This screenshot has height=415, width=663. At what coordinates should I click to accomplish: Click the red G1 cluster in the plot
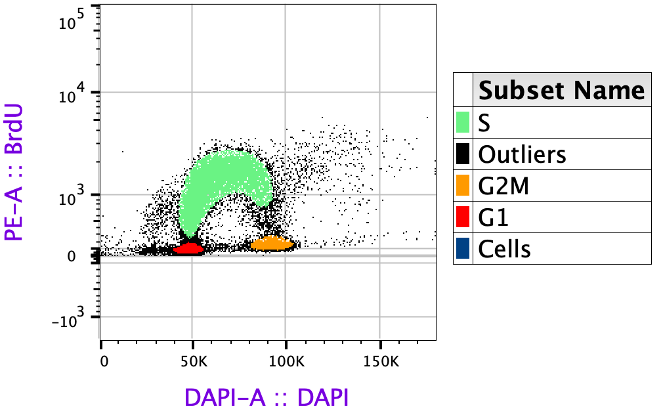coord(190,248)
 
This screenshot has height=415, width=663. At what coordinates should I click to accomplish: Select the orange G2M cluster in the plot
coord(271,244)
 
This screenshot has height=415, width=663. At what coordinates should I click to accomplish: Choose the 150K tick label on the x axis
coord(380,362)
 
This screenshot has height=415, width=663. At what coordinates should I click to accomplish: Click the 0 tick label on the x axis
coord(102,362)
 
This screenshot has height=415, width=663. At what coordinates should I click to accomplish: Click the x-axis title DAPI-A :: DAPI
coord(267,397)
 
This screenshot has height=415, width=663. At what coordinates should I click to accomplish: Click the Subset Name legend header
coord(561,90)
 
